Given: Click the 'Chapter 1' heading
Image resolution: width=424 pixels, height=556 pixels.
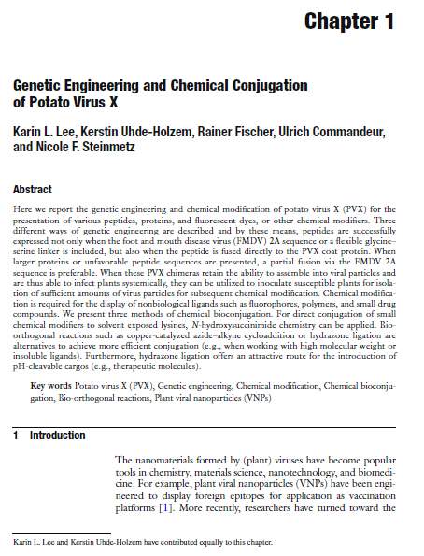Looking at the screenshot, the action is pos(356,21).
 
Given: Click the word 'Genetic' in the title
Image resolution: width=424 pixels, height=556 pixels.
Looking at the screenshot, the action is pos(41,85).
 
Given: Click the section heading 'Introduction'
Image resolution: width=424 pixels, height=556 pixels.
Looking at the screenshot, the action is pos(57,435).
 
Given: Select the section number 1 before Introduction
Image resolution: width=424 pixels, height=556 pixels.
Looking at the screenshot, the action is pos(17,435).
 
